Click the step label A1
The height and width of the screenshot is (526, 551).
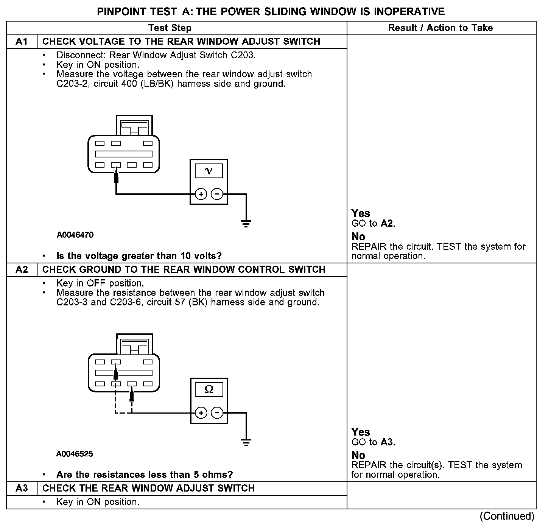click(22, 42)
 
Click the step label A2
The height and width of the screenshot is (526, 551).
click(22, 270)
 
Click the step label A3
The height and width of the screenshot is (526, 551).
click(22, 489)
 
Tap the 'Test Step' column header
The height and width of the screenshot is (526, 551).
click(170, 28)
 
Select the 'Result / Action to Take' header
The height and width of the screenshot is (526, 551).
click(440, 28)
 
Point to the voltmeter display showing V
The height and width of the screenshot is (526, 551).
click(209, 171)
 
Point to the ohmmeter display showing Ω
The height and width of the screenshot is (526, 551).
click(209, 389)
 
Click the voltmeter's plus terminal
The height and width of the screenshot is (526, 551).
click(201, 195)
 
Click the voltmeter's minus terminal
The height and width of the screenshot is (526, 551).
click(217, 195)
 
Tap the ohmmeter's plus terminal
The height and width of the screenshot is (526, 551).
click(201, 413)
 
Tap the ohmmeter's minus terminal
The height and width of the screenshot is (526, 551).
click(217, 413)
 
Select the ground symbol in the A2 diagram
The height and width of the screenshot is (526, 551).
click(246, 442)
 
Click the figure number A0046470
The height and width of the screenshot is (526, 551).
click(75, 235)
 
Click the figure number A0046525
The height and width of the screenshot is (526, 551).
click(75, 454)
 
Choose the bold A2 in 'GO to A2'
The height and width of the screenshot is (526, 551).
click(387, 224)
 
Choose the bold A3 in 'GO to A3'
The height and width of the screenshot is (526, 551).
click(387, 442)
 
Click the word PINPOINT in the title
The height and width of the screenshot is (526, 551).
click(119, 12)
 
